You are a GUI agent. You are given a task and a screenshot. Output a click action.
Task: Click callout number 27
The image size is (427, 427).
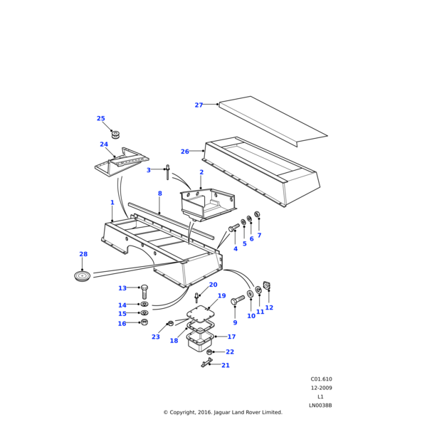pos(199,105)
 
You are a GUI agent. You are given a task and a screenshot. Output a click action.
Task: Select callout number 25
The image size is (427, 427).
pos(100,119)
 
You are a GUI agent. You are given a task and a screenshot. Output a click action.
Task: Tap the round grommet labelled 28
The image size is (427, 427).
pos(83,275)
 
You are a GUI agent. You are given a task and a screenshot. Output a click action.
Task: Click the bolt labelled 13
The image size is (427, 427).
pos(144,291)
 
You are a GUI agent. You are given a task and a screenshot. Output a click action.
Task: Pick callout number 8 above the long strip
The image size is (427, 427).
pos(159,194)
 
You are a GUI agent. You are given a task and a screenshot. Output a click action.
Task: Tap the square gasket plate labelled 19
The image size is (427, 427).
pos(201,313)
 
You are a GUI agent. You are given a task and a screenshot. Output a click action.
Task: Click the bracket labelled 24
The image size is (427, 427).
pos(122,166)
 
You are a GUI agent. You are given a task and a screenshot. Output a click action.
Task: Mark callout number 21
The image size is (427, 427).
pos(226,365)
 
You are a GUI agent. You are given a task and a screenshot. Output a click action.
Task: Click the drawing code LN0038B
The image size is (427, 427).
pos(320,406)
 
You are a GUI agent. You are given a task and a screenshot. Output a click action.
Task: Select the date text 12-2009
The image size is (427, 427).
pos(321,388)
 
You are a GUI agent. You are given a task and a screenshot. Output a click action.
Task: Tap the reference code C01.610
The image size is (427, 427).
pos(321,379)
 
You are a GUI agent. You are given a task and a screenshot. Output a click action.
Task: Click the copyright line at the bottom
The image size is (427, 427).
pos(223,412)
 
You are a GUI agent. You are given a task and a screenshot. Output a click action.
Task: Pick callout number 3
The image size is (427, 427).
pos(149,170)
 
